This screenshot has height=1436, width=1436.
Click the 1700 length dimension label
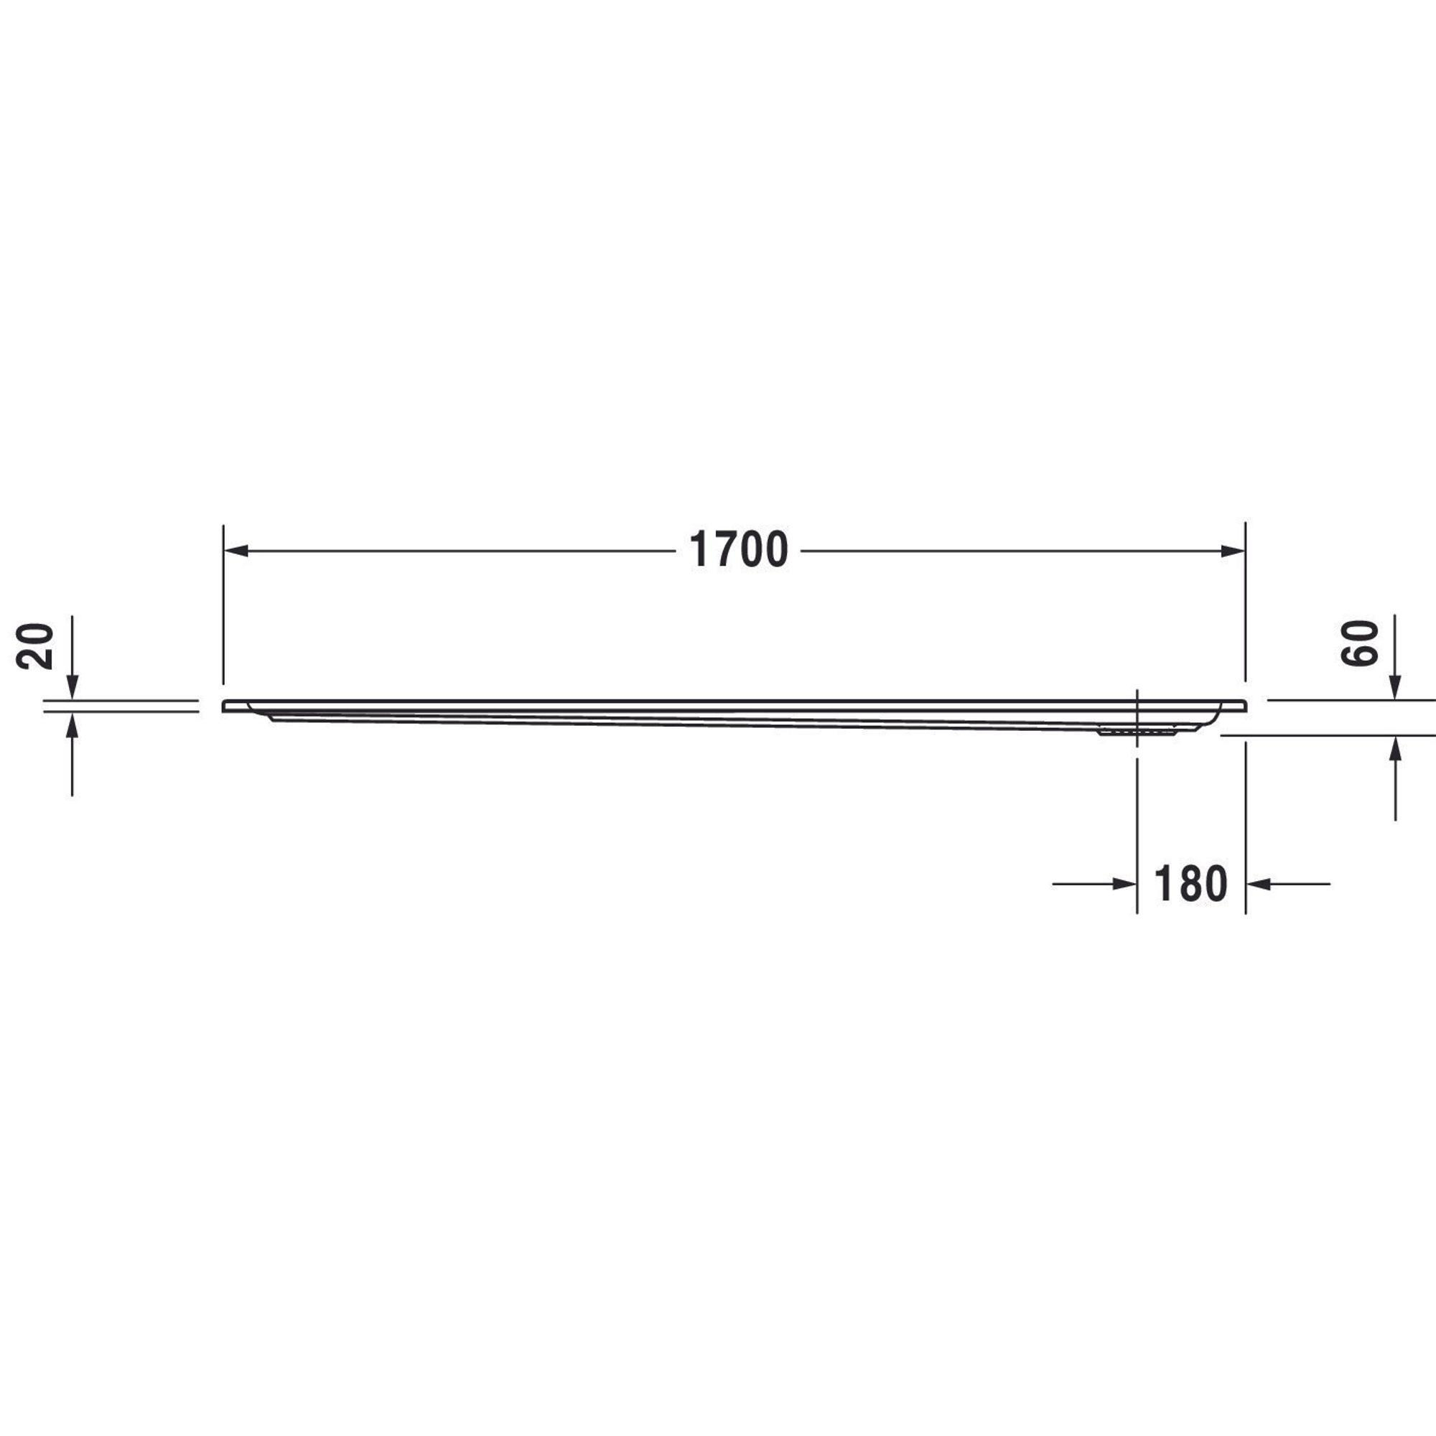click(x=738, y=550)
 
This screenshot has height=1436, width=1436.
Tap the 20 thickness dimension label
click(x=36, y=646)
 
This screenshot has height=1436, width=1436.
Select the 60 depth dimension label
click(x=1360, y=643)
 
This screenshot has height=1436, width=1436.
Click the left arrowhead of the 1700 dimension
click(x=236, y=551)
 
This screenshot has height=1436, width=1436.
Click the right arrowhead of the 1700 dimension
click(x=1232, y=551)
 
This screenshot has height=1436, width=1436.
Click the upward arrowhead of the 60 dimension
click(x=1395, y=748)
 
